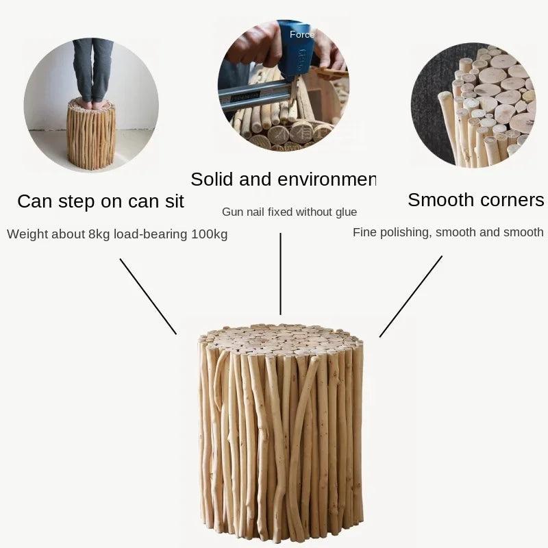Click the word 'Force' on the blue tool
point(302,35)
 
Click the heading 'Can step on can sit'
point(101,201)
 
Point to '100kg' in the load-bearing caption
point(210,234)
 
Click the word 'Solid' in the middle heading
point(212,179)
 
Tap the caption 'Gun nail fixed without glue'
point(289,212)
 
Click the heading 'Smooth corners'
point(475,200)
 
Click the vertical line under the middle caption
point(280,274)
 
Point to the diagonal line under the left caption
point(148,297)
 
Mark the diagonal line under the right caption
point(411,297)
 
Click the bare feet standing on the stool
point(92,104)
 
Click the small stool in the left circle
point(91,134)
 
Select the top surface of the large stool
point(279,339)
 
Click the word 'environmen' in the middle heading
point(327,179)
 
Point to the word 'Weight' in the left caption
point(29,234)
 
